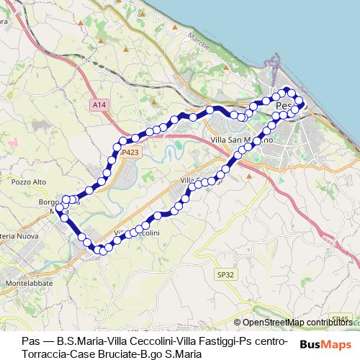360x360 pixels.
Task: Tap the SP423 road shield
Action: (x=130, y=153)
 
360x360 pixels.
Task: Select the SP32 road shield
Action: (x=225, y=274)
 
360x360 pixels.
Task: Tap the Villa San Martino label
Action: (x=240, y=139)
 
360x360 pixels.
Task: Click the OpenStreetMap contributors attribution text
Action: (x=297, y=323)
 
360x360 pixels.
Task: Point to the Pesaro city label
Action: (x=286, y=106)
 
